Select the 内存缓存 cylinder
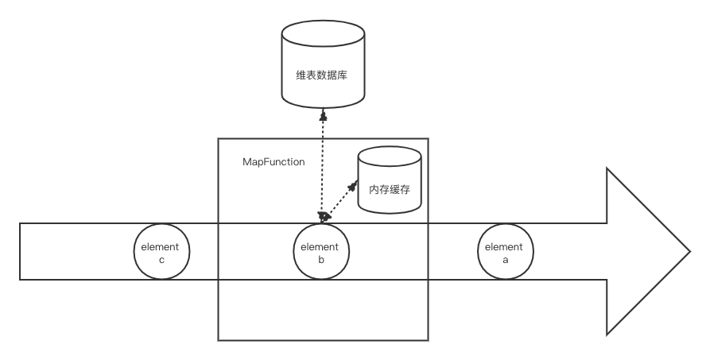pyautogui.click(x=390, y=183)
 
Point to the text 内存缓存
pyautogui.click(x=390, y=191)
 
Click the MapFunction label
pyautogui.click(x=274, y=161)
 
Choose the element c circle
pyautogui.click(x=161, y=252)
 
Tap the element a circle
pyautogui.click(x=504, y=252)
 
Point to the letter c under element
pyautogui.click(x=161, y=258)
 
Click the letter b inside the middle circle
pyautogui.click(x=320, y=258)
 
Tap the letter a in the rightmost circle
pyautogui.click(x=504, y=258)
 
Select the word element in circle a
pyautogui.click(x=504, y=246)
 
